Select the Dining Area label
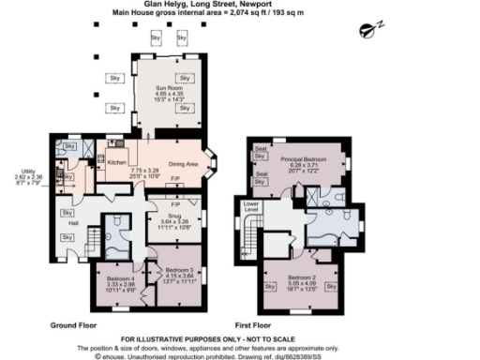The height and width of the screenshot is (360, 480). [x=184, y=165]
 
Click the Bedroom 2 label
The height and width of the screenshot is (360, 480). [x=302, y=278]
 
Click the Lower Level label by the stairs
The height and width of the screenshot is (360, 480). [x=251, y=205]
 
